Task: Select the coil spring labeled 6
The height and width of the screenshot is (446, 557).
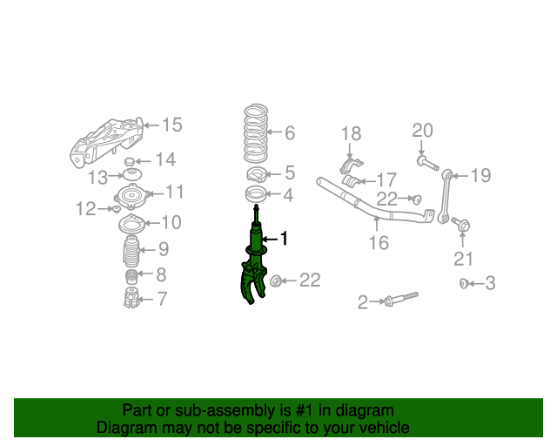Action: [255, 132]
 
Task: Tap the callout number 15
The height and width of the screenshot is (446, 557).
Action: [172, 125]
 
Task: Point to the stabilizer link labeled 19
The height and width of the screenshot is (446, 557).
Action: [445, 197]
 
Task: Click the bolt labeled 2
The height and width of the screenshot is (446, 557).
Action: [401, 300]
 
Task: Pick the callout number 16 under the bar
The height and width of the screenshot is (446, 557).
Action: [379, 243]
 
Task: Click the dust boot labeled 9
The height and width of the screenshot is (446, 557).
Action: [131, 252]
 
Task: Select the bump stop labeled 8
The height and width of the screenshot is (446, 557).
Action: [131, 277]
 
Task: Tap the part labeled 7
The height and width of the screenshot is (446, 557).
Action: [131, 298]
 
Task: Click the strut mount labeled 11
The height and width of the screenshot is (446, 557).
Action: [131, 197]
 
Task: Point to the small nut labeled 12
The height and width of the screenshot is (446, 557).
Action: [116, 209]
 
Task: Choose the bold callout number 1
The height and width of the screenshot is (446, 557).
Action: [284, 239]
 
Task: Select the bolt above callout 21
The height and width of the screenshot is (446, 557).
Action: [461, 224]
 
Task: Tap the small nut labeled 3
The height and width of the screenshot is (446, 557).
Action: [464, 283]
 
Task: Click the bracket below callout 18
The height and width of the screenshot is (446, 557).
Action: [352, 165]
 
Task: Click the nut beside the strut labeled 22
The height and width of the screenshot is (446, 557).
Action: [275, 281]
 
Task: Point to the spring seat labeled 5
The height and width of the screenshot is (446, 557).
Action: [257, 174]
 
